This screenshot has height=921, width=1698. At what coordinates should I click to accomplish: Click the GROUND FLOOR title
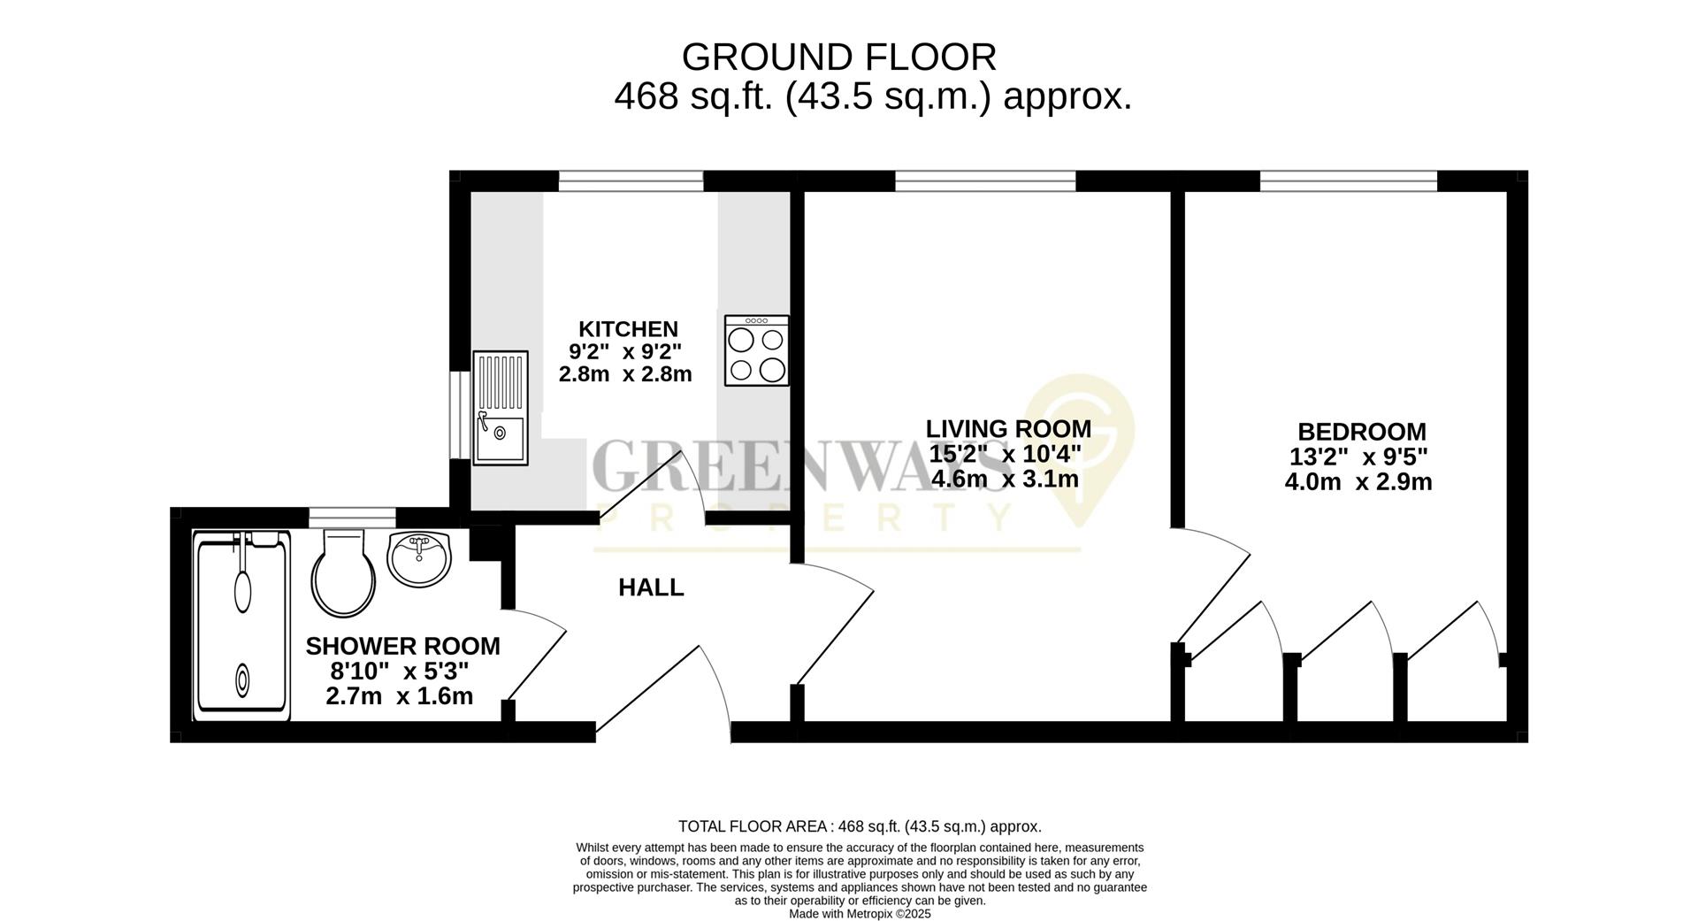(x=838, y=58)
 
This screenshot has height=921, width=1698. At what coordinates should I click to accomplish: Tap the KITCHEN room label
(x=628, y=329)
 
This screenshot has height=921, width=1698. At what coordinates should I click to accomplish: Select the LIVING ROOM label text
(x=1008, y=429)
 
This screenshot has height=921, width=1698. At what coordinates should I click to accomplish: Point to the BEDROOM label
(x=1361, y=433)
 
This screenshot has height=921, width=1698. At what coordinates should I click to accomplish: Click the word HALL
(x=651, y=587)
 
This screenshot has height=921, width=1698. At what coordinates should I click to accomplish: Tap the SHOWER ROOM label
(x=402, y=647)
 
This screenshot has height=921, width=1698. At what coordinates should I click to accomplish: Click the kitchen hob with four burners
(x=756, y=350)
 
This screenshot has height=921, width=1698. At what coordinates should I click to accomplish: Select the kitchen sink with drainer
(x=500, y=408)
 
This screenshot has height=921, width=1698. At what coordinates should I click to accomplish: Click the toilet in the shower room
(x=343, y=573)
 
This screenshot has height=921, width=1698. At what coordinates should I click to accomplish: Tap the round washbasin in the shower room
(x=419, y=559)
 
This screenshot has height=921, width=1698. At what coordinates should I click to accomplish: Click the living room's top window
(x=985, y=182)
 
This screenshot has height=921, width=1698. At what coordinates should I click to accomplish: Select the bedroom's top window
(x=1348, y=181)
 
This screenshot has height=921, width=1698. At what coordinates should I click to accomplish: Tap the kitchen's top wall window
(x=631, y=181)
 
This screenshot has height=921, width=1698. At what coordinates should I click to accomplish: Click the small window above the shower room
(x=351, y=518)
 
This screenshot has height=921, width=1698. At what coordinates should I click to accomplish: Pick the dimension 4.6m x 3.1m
(x=1005, y=480)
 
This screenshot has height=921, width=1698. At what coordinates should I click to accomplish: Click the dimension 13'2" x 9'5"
(x=1358, y=457)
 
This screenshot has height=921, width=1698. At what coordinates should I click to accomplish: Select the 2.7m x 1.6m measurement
(x=399, y=696)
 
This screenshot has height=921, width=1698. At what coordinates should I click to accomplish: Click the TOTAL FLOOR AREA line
(x=860, y=827)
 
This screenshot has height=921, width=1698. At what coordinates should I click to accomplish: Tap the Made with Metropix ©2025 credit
(x=860, y=914)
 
